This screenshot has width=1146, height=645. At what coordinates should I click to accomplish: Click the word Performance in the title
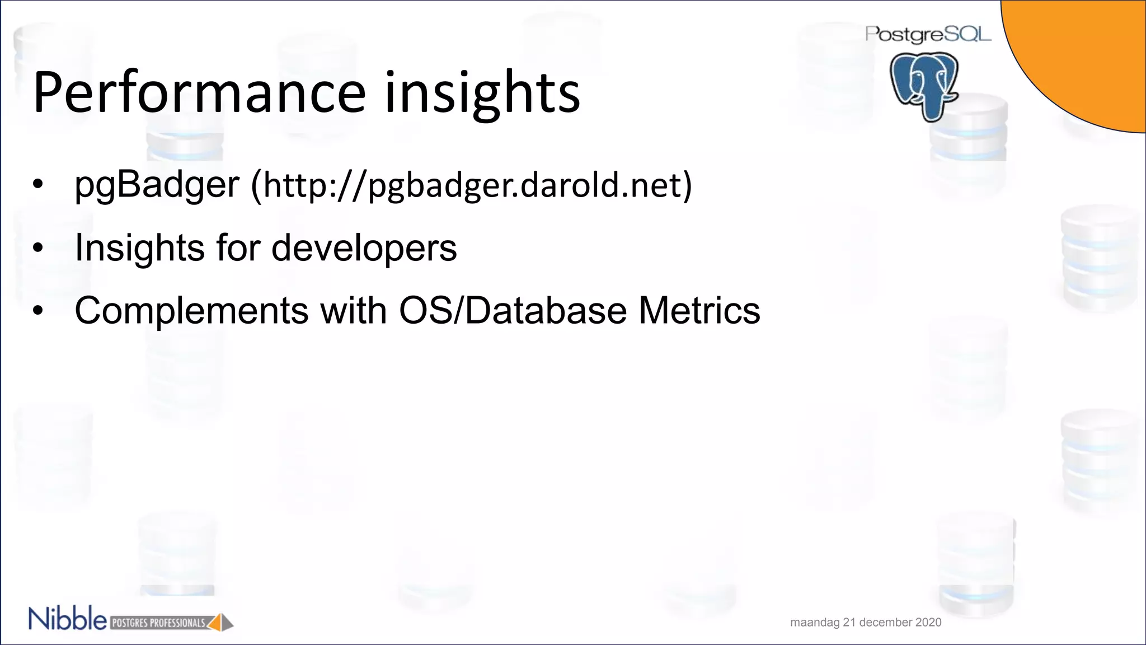coord(199,92)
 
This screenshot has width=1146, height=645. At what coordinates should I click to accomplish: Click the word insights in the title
coord(482,92)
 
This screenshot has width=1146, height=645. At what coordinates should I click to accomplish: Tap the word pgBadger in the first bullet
coord(157,184)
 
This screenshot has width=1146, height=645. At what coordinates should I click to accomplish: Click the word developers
coord(364,247)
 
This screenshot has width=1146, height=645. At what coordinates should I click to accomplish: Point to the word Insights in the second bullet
coord(140,247)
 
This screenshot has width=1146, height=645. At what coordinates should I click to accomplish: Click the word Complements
coord(191,310)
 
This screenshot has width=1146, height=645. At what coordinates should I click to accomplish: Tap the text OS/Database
coord(513,310)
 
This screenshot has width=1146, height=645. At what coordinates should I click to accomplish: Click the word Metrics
coord(699,310)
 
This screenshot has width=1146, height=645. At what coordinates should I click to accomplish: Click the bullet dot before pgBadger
coord(37,185)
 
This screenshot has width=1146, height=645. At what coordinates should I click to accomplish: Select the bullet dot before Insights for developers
coord(37,248)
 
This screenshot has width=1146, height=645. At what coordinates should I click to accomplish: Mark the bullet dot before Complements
coord(37,311)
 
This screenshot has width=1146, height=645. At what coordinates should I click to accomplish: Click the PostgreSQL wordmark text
coord(928,34)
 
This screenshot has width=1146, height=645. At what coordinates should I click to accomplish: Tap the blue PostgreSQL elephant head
coord(924,84)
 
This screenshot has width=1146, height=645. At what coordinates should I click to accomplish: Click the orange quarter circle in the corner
coord(1091,50)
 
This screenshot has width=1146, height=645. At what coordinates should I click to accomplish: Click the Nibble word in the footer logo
coord(67,619)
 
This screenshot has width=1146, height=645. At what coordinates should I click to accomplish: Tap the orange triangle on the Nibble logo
coord(215,623)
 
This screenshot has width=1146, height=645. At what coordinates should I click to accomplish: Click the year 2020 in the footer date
coord(928,622)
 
